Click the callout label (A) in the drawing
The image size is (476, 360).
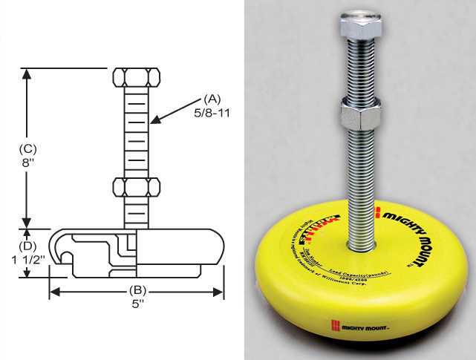(x=212, y=98)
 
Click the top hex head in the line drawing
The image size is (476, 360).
(x=137, y=77)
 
